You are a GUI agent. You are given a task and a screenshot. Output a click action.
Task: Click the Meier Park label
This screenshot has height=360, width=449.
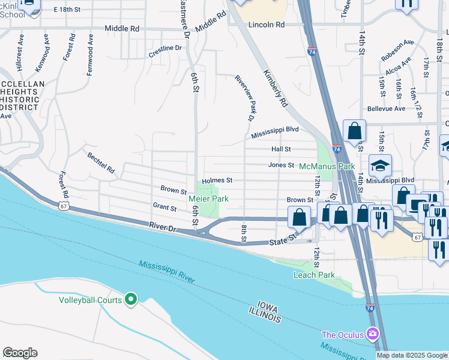[x=208, y=199]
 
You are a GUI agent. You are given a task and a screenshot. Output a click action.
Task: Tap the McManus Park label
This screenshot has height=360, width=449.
[x=327, y=166]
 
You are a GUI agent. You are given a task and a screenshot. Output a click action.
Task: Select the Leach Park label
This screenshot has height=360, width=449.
[x=313, y=275]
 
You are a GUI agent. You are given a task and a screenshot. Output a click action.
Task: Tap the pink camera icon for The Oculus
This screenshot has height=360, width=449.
[x=373, y=334]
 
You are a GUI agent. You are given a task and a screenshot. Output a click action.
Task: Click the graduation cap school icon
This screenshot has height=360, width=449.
[x=380, y=166]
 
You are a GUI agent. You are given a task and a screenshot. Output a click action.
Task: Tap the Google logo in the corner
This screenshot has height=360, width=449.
[x=20, y=353]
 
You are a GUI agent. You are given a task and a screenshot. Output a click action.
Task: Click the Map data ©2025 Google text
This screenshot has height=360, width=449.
[x=412, y=355]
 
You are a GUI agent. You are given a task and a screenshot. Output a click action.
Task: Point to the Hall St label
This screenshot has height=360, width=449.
[x=281, y=149]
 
